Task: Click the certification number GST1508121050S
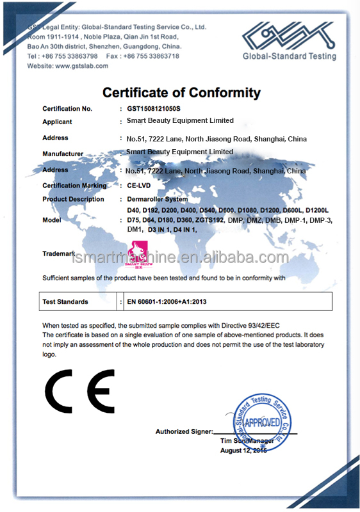pos(154,109)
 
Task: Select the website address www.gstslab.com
pos(77,66)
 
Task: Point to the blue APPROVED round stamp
pos(263,423)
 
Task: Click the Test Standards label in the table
pos(65,301)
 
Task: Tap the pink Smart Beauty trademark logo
pos(135,254)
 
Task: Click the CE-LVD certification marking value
pos(140,186)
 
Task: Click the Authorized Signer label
pos(183,431)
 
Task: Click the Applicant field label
pos(57,122)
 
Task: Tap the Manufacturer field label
pos(63,154)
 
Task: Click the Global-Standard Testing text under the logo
pos(289,56)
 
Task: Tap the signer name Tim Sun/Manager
pos(247,441)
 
